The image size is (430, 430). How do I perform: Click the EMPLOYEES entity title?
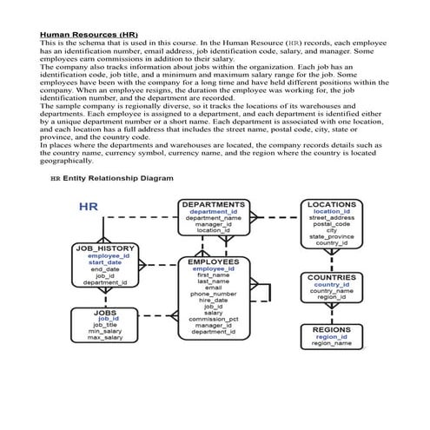(214, 261)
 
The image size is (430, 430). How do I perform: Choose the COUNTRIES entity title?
(332, 277)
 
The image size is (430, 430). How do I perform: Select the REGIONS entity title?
(332, 329)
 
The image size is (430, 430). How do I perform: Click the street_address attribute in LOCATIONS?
(332, 218)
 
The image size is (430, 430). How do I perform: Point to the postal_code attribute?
(332, 224)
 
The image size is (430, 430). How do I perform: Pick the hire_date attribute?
(214, 300)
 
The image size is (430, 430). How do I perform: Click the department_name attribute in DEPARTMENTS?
(214, 218)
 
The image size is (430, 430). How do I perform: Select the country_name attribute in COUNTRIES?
(332, 290)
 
